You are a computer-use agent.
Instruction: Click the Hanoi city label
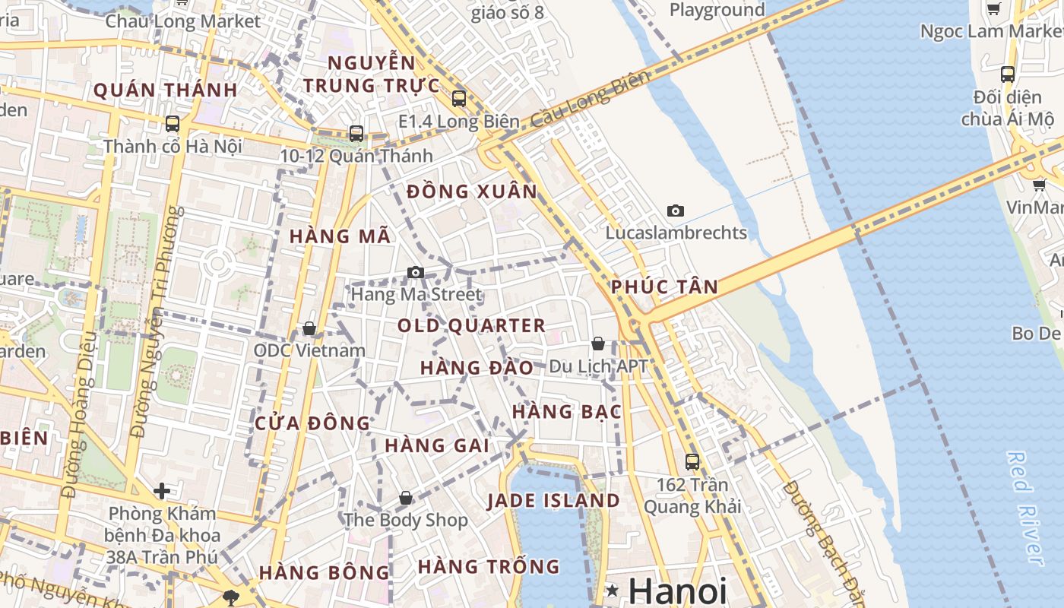click(678, 591)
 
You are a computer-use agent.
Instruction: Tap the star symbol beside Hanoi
click(612, 591)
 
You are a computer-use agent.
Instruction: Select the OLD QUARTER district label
click(471, 326)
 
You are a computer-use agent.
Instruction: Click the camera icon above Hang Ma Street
click(415, 272)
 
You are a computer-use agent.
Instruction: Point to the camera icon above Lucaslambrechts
click(675, 211)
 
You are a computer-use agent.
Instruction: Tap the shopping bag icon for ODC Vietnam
click(309, 328)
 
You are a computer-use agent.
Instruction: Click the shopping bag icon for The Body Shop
click(406, 498)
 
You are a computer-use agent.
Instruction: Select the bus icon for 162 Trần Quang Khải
click(692, 461)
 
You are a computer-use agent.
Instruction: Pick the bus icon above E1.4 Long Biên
click(458, 98)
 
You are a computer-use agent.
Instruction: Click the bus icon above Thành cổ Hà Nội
click(173, 123)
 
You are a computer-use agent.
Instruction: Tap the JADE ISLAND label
click(553, 501)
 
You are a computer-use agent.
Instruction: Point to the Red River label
click(1024, 507)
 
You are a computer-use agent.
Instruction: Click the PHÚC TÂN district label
click(664, 287)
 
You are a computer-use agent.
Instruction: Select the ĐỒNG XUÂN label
click(472, 192)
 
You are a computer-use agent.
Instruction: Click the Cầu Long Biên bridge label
click(591, 100)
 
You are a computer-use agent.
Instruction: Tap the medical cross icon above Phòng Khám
click(161, 491)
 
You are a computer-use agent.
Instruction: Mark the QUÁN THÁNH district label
click(165, 90)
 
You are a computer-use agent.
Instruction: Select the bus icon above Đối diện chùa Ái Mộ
click(1008, 74)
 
